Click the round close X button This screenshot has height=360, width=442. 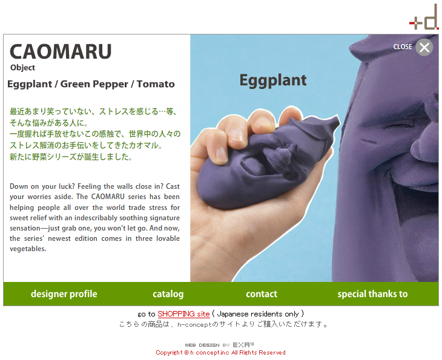424,47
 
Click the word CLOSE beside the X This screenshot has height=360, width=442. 403,47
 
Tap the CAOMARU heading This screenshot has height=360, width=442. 61,51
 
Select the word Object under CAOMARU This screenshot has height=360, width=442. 22,68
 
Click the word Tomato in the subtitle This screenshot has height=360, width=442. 156,84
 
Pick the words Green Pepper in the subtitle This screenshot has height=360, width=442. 94,84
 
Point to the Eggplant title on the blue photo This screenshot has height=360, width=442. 273,80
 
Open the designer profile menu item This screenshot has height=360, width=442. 64,294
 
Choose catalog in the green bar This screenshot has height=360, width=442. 168,294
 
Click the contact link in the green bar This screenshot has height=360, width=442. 262,294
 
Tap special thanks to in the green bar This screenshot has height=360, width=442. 372,294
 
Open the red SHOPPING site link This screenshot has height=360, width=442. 183,314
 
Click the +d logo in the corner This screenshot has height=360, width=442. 424,18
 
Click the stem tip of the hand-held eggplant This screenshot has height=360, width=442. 337,119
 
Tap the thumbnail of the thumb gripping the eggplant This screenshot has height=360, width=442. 221,154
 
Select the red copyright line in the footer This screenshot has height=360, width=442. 221,353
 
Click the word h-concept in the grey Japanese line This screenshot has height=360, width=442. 194,324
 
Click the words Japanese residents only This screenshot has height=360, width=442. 258,314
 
